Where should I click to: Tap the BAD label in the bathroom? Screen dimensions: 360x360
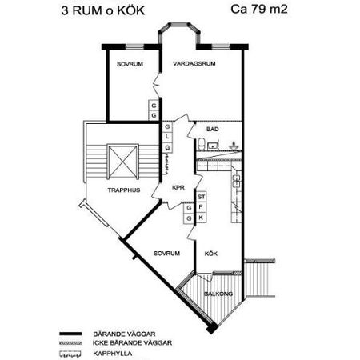pyautogui.click(x=212, y=129)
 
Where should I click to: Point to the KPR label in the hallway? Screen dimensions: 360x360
pyautogui.click(x=178, y=189)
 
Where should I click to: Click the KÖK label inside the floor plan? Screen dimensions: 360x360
pyautogui.click(x=211, y=254)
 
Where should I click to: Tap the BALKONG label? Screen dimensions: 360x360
pyautogui.click(x=217, y=294)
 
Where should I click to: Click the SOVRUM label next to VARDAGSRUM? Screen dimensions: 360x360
pyautogui.click(x=130, y=63)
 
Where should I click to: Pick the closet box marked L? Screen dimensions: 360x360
pyautogui.click(x=167, y=137)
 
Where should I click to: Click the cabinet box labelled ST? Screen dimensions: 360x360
pyautogui.click(x=201, y=196)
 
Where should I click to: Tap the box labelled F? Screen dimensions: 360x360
pyautogui.click(x=201, y=206)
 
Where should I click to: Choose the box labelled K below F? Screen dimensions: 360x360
pyautogui.click(x=201, y=217)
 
